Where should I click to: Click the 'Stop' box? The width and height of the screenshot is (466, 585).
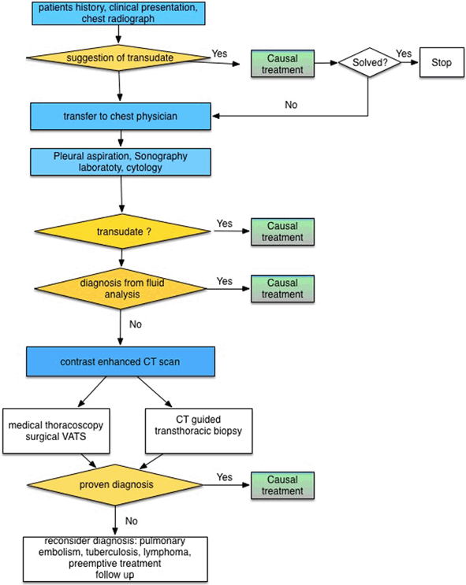(x=442, y=62)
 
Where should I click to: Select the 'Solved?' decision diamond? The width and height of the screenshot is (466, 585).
(x=370, y=62)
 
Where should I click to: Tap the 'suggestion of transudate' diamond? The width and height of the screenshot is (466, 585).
(x=118, y=57)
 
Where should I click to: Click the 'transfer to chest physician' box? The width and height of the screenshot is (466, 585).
(x=121, y=117)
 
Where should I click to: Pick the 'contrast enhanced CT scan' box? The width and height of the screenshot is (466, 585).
(x=121, y=361)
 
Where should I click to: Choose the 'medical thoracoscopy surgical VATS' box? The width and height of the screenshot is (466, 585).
(x=56, y=431)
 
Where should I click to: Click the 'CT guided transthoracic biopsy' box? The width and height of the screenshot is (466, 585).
(x=199, y=431)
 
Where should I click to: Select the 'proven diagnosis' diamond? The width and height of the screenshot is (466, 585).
(x=115, y=485)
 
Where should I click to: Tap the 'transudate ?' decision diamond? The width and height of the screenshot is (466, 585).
(x=122, y=231)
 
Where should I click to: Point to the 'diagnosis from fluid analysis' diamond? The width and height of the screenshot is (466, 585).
(x=121, y=289)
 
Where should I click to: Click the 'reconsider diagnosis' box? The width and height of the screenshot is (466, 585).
(x=115, y=558)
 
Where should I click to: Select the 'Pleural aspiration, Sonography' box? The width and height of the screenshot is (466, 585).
(x=121, y=162)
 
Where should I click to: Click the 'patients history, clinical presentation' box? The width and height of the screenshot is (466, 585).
(x=118, y=13)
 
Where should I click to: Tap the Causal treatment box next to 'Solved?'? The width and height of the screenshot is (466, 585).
(x=282, y=64)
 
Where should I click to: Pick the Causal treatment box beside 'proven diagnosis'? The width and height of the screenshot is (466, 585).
(x=282, y=485)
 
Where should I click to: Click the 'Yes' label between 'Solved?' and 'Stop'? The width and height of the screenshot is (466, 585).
(x=404, y=54)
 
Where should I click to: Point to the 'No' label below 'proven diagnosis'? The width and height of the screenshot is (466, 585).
(x=131, y=520)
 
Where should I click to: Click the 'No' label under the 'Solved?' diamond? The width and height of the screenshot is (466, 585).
(x=291, y=105)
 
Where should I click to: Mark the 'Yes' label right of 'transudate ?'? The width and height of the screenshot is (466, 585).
(x=224, y=224)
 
